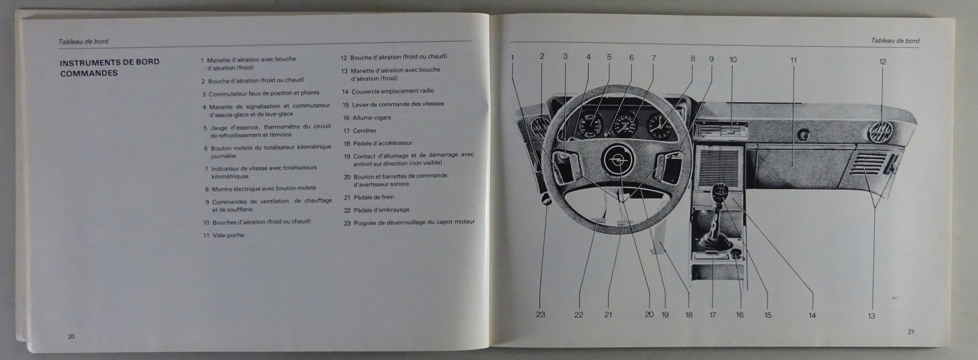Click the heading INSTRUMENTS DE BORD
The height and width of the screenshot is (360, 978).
[109, 62]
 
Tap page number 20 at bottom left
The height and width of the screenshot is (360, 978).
[71, 336]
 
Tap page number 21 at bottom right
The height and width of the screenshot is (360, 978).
[910, 332]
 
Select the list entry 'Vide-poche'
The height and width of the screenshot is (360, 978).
[228, 235]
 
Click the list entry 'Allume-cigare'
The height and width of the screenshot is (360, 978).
[372, 117]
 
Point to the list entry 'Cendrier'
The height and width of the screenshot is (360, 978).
[364, 130]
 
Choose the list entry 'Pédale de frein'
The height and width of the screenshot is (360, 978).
[373, 197]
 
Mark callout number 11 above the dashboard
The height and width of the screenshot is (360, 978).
[793, 61]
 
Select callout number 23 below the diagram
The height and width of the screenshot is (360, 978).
[540, 315]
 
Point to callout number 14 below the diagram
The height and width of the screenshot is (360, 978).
[812, 315]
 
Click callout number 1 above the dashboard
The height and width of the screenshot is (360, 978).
[512, 57]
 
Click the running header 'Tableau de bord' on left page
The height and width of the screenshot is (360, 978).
[83, 42]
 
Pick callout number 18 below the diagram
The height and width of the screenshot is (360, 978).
[689, 315]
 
